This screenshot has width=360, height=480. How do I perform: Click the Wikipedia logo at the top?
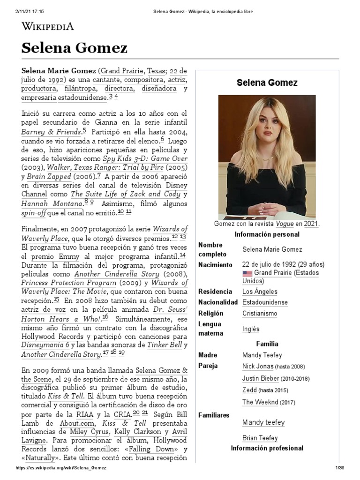pyautogui.click(x=47, y=26)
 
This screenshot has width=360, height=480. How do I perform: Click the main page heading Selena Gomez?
pyautogui.click(x=74, y=48)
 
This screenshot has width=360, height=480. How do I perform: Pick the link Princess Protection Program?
pyautogui.click(x=68, y=283)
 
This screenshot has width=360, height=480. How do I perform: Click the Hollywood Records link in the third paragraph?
pyautogui.click(x=52, y=337)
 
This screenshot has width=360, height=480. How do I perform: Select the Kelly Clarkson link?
pyautogui.click(x=132, y=431)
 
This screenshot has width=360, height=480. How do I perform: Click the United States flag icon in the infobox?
pyautogui.click(x=247, y=273)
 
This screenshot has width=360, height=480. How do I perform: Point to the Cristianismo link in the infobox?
pyautogui.click(x=259, y=314)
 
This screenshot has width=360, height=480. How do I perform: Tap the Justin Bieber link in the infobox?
pyautogui.click(x=261, y=378)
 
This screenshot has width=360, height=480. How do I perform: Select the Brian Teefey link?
pyautogui.click(x=260, y=438)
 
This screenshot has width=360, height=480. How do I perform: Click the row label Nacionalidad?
pyautogui.click(x=218, y=302)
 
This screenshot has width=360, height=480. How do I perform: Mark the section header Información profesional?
pyautogui.click(x=267, y=449)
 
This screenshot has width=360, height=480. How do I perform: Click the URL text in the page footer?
pyautogui.click(x=61, y=468)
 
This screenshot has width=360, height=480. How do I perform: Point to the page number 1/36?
pyautogui.click(x=340, y=468)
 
